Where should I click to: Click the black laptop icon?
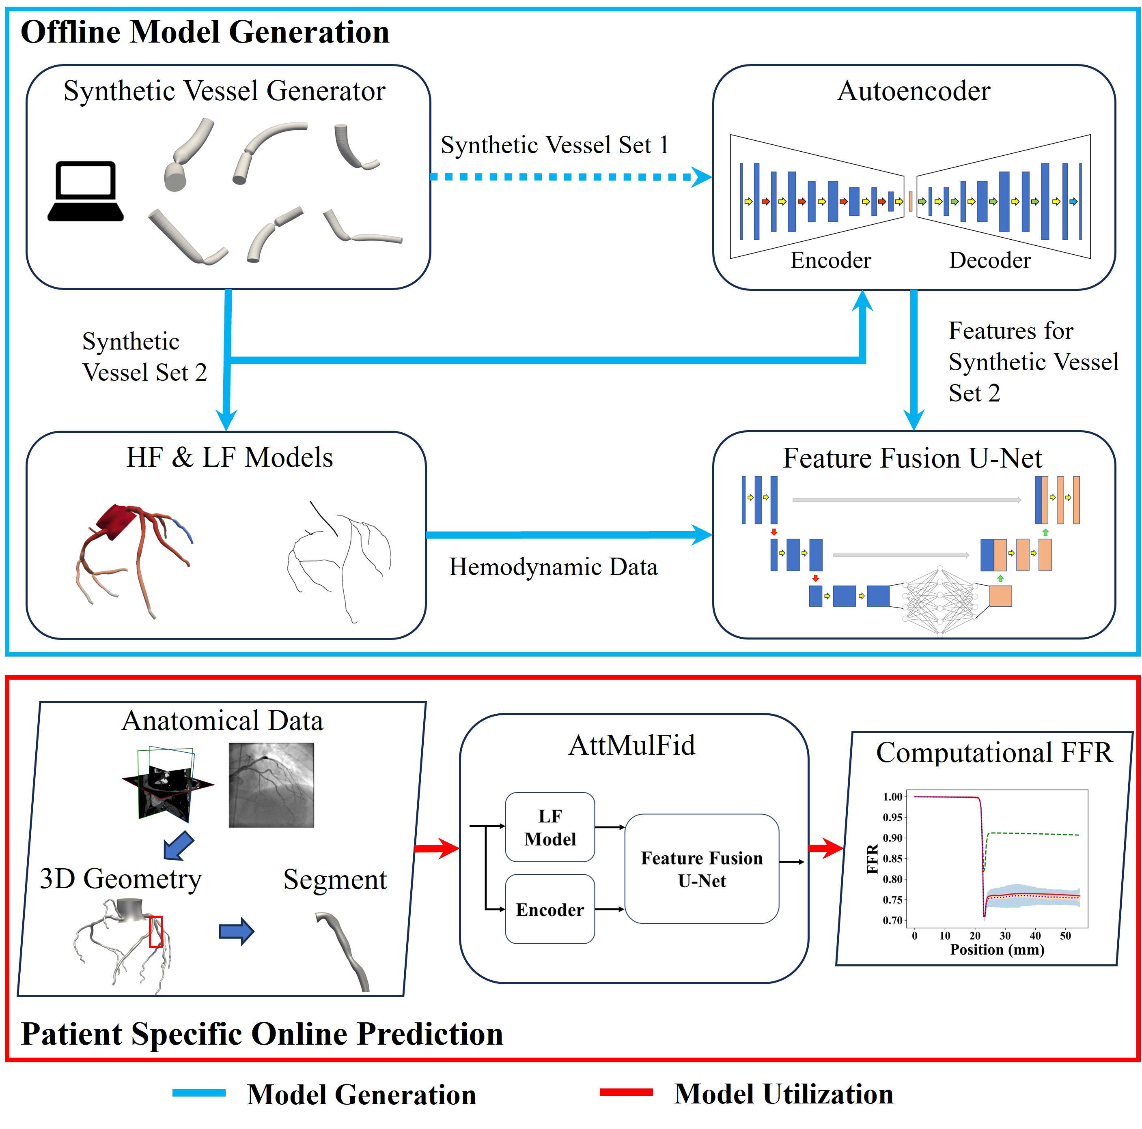(x=86, y=191)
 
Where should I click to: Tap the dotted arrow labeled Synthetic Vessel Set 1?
(x=571, y=177)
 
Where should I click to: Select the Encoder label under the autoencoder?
(x=830, y=260)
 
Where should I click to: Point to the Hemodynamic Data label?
(x=553, y=567)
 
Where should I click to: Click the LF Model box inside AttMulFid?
(x=550, y=827)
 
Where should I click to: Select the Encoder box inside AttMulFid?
(x=550, y=909)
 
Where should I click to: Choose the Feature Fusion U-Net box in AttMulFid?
(x=702, y=869)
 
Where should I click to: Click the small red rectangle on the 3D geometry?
(x=155, y=932)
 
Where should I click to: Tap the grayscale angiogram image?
(x=271, y=785)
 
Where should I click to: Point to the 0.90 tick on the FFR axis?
(x=892, y=838)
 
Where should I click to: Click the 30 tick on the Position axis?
(x=1005, y=936)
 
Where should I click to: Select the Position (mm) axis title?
(x=997, y=949)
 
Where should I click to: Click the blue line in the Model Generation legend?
(x=198, y=1093)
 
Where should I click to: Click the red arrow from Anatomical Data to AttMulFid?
(x=437, y=848)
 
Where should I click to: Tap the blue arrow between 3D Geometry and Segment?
(x=237, y=932)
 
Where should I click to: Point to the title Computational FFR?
(x=994, y=752)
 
